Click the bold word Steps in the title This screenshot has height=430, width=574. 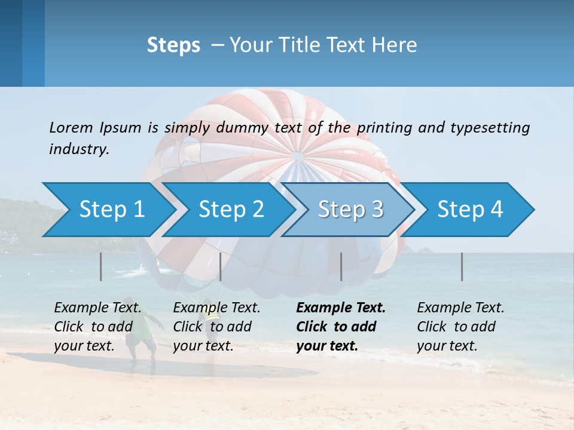(173, 45)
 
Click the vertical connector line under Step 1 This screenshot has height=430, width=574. (101, 266)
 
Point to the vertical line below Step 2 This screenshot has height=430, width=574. (221, 266)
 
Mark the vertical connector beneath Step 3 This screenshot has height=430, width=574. (341, 266)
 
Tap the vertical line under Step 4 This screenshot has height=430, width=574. (462, 266)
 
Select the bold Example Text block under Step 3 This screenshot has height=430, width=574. (341, 327)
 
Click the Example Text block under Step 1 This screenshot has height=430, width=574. (97, 327)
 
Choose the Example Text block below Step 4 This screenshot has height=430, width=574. (460, 327)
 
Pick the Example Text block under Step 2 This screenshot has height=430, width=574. (216, 327)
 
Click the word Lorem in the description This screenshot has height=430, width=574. (71, 127)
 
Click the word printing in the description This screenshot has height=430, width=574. (386, 127)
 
